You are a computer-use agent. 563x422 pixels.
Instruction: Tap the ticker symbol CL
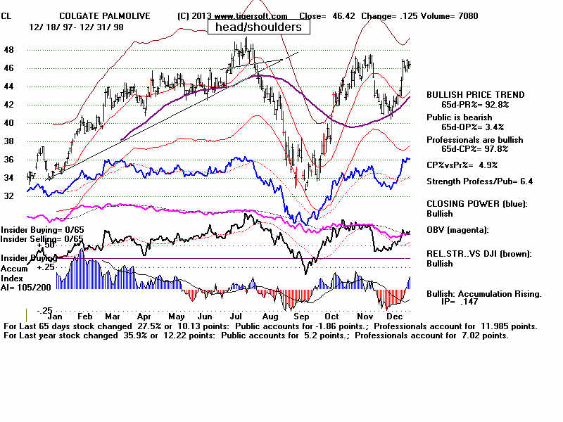click(x=6, y=15)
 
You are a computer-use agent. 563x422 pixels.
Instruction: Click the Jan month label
click(x=55, y=316)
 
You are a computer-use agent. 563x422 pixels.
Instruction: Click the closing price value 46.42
click(x=341, y=15)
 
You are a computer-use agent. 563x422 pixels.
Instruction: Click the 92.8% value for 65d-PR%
click(x=495, y=104)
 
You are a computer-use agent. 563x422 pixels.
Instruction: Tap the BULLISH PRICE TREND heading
click(x=475, y=95)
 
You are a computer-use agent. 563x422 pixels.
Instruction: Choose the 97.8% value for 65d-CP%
click(x=495, y=149)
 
